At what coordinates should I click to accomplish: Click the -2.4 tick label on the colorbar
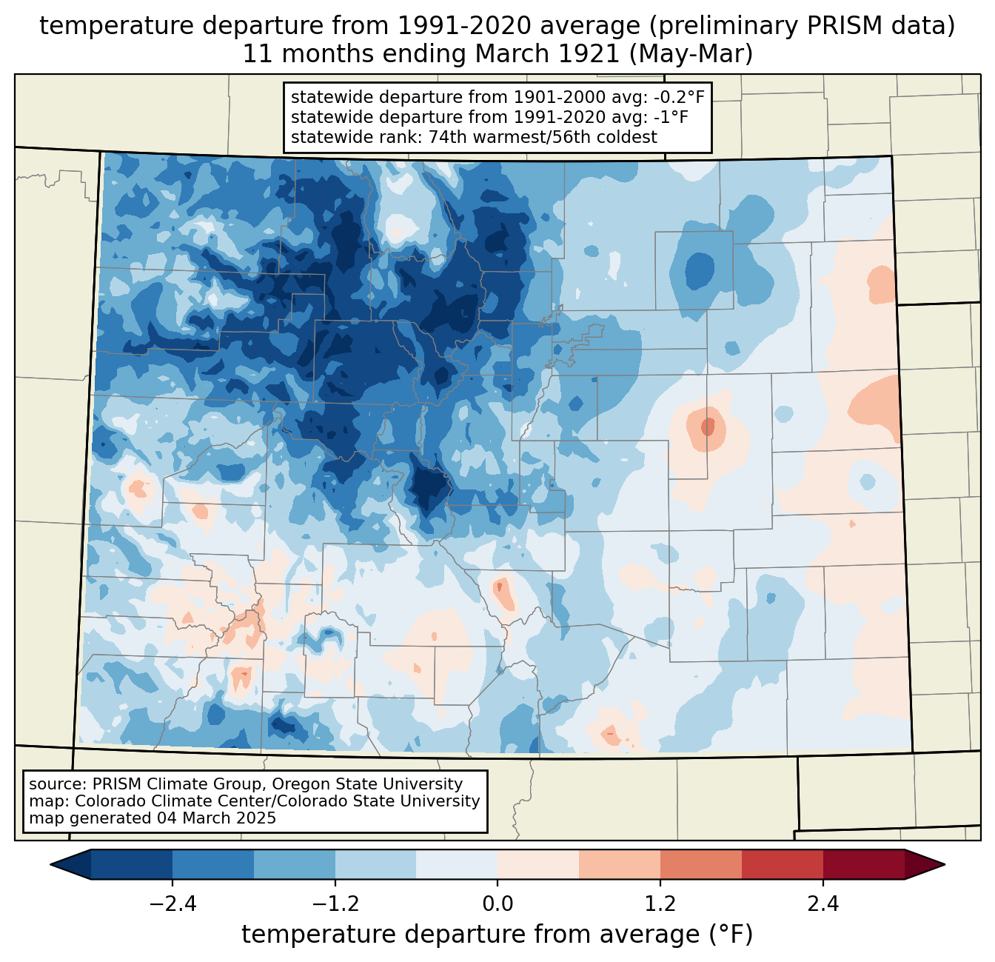[172, 904]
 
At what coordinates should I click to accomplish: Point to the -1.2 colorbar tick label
[335, 904]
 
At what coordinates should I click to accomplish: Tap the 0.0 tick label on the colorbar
[497, 904]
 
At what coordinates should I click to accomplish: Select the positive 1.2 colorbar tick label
[660, 904]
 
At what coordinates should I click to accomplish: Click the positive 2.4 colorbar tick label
[823, 904]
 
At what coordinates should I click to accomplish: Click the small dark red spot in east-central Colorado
[708, 427]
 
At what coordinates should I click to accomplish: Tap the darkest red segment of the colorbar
[863, 864]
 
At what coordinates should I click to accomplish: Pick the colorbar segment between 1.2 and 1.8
[700, 864]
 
